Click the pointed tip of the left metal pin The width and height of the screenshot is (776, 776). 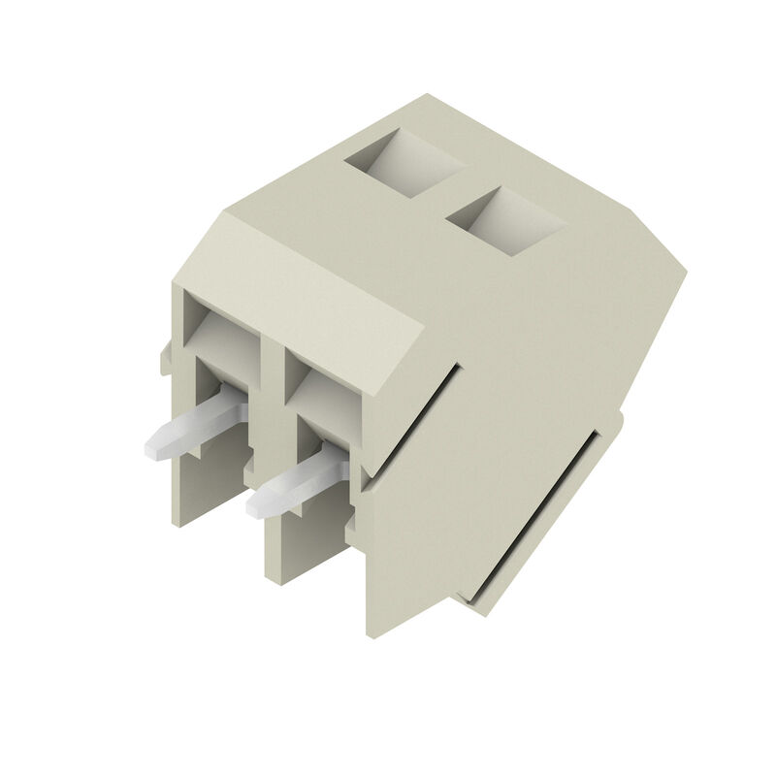tap(151, 449)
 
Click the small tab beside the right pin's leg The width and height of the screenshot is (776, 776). tap(351, 524)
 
